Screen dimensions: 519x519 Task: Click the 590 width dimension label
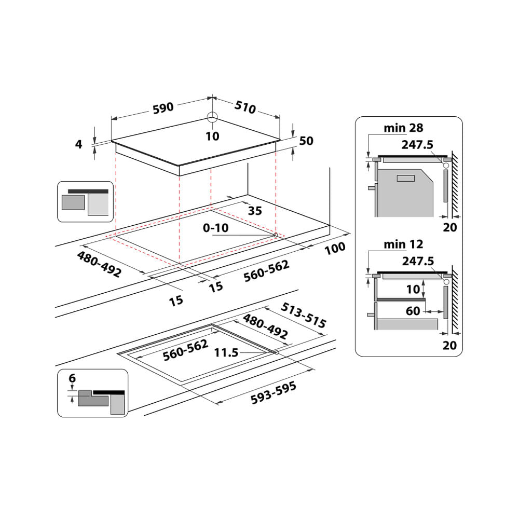(162, 108)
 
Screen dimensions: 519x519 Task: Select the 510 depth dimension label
(245, 107)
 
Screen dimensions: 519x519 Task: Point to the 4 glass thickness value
(79, 144)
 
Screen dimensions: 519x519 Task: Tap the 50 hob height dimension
(306, 141)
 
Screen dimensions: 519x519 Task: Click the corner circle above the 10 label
(212, 116)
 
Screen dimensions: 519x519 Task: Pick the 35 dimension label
(255, 211)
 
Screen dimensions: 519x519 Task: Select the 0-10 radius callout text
(216, 227)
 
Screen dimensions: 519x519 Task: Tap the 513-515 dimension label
(303, 316)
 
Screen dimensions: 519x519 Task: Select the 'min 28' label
(403, 128)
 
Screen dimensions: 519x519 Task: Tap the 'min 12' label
(403, 244)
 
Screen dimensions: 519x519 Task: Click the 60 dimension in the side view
(413, 311)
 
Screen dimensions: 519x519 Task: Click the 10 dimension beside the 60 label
(413, 289)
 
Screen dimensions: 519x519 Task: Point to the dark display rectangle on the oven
(405, 179)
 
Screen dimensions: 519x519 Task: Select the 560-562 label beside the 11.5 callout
(185, 350)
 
